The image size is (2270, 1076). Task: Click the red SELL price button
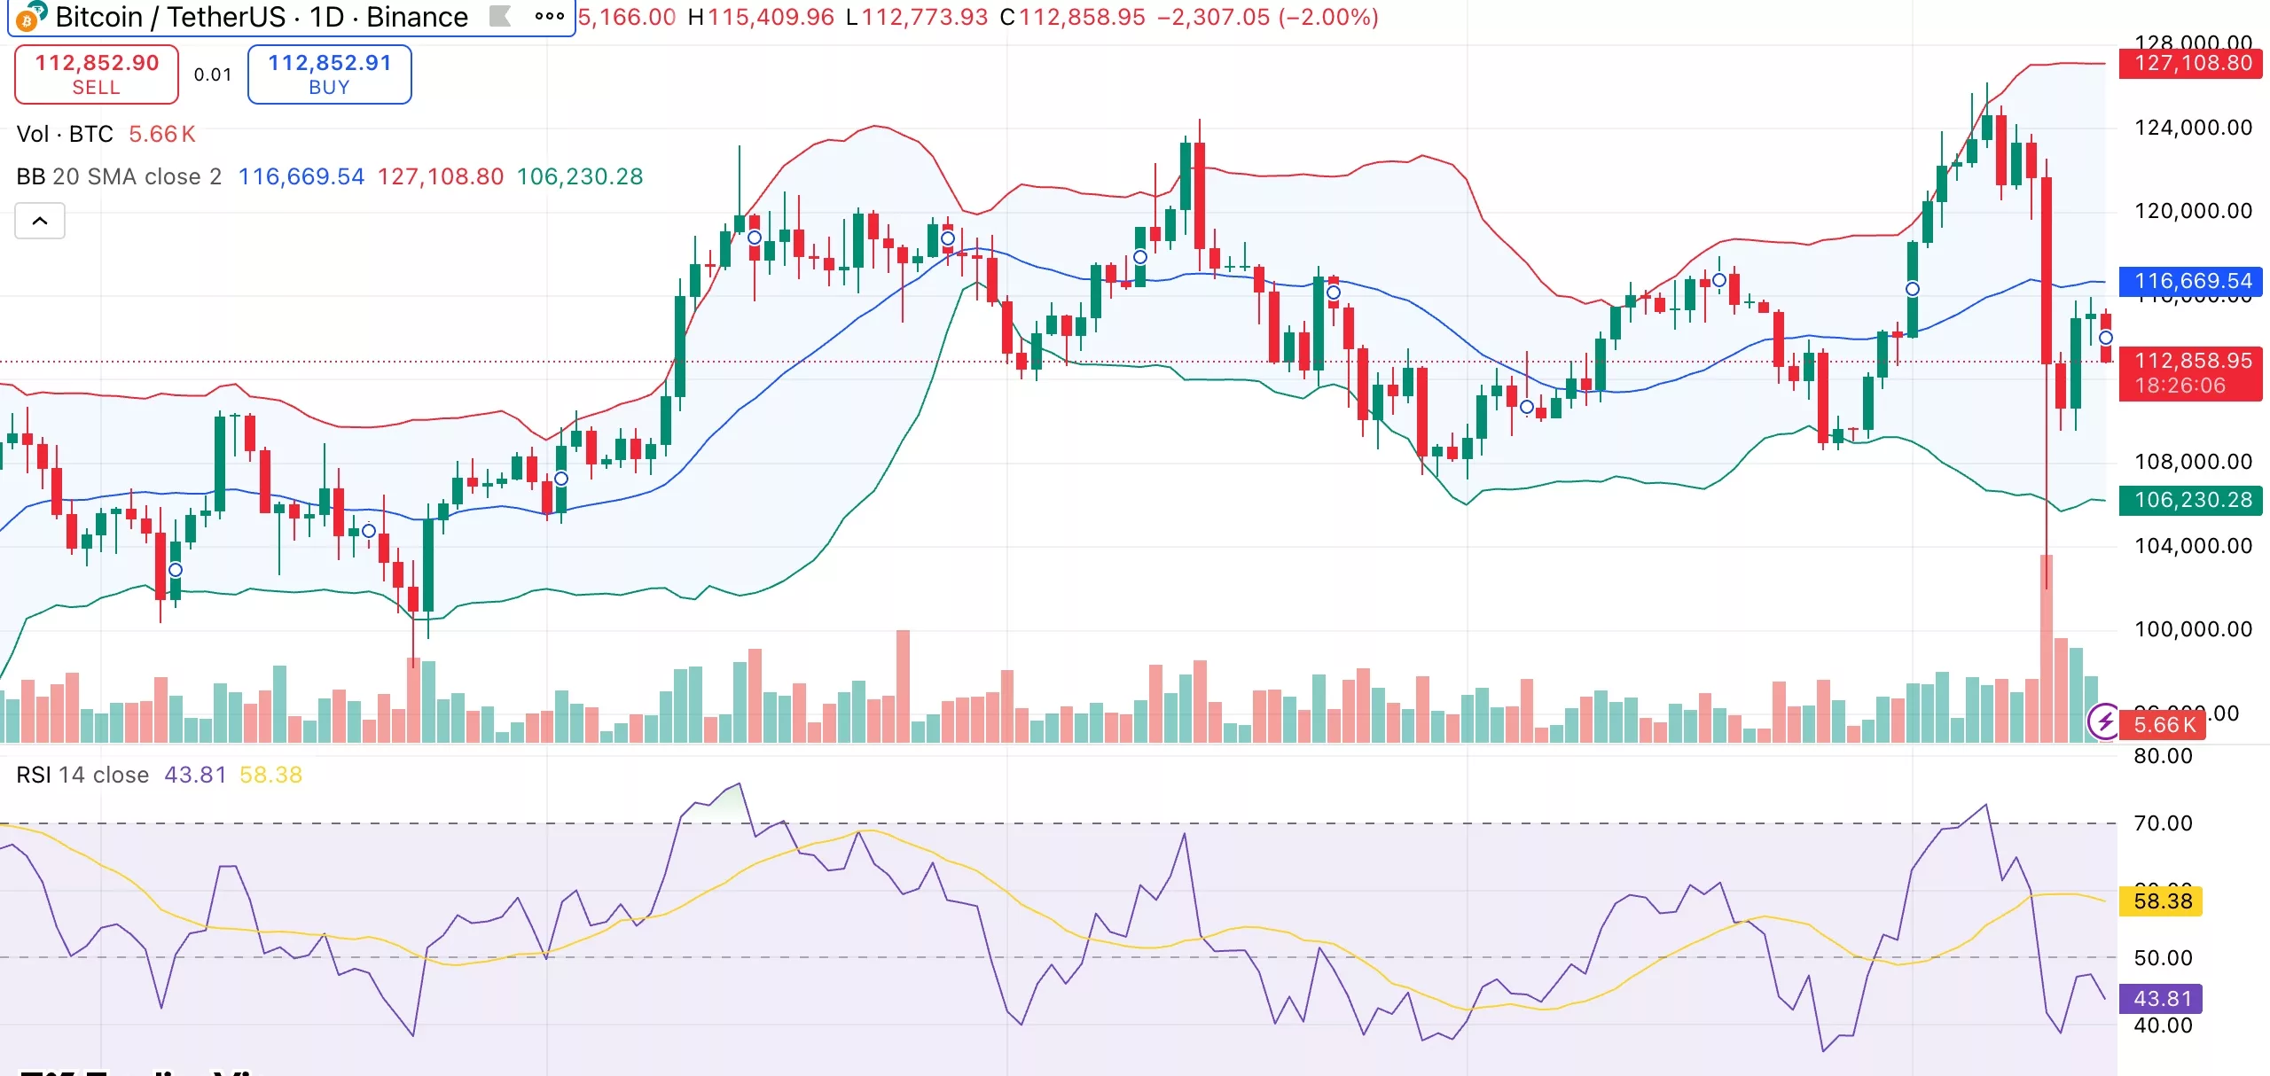(97, 74)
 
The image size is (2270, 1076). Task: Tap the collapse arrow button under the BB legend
(40, 221)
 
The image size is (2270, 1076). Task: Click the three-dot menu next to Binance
(549, 16)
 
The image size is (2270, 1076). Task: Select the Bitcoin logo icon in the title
(29, 16)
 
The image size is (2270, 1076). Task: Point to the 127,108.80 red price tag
(2192, 63)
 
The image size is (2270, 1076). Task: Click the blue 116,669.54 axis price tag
(2192, 281)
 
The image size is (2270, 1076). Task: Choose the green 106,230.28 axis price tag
(2192, 500)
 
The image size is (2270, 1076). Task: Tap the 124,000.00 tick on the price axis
(2192, 128)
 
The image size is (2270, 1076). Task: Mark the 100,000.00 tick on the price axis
(2192, 629)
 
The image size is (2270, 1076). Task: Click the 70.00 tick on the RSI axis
(2162, 823)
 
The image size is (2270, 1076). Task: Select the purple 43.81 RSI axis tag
(2162, 999)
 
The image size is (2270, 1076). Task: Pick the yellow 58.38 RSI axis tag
(2162, 901)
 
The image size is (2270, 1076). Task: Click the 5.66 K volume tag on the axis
(2164, 725)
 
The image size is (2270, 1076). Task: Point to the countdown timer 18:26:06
(2180, 386)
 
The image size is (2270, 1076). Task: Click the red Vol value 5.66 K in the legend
(161, 134)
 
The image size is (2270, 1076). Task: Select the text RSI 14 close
(82, 775)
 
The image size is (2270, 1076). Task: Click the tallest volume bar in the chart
(2046, 648)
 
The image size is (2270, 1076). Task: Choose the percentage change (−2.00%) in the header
(1328, 17)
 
